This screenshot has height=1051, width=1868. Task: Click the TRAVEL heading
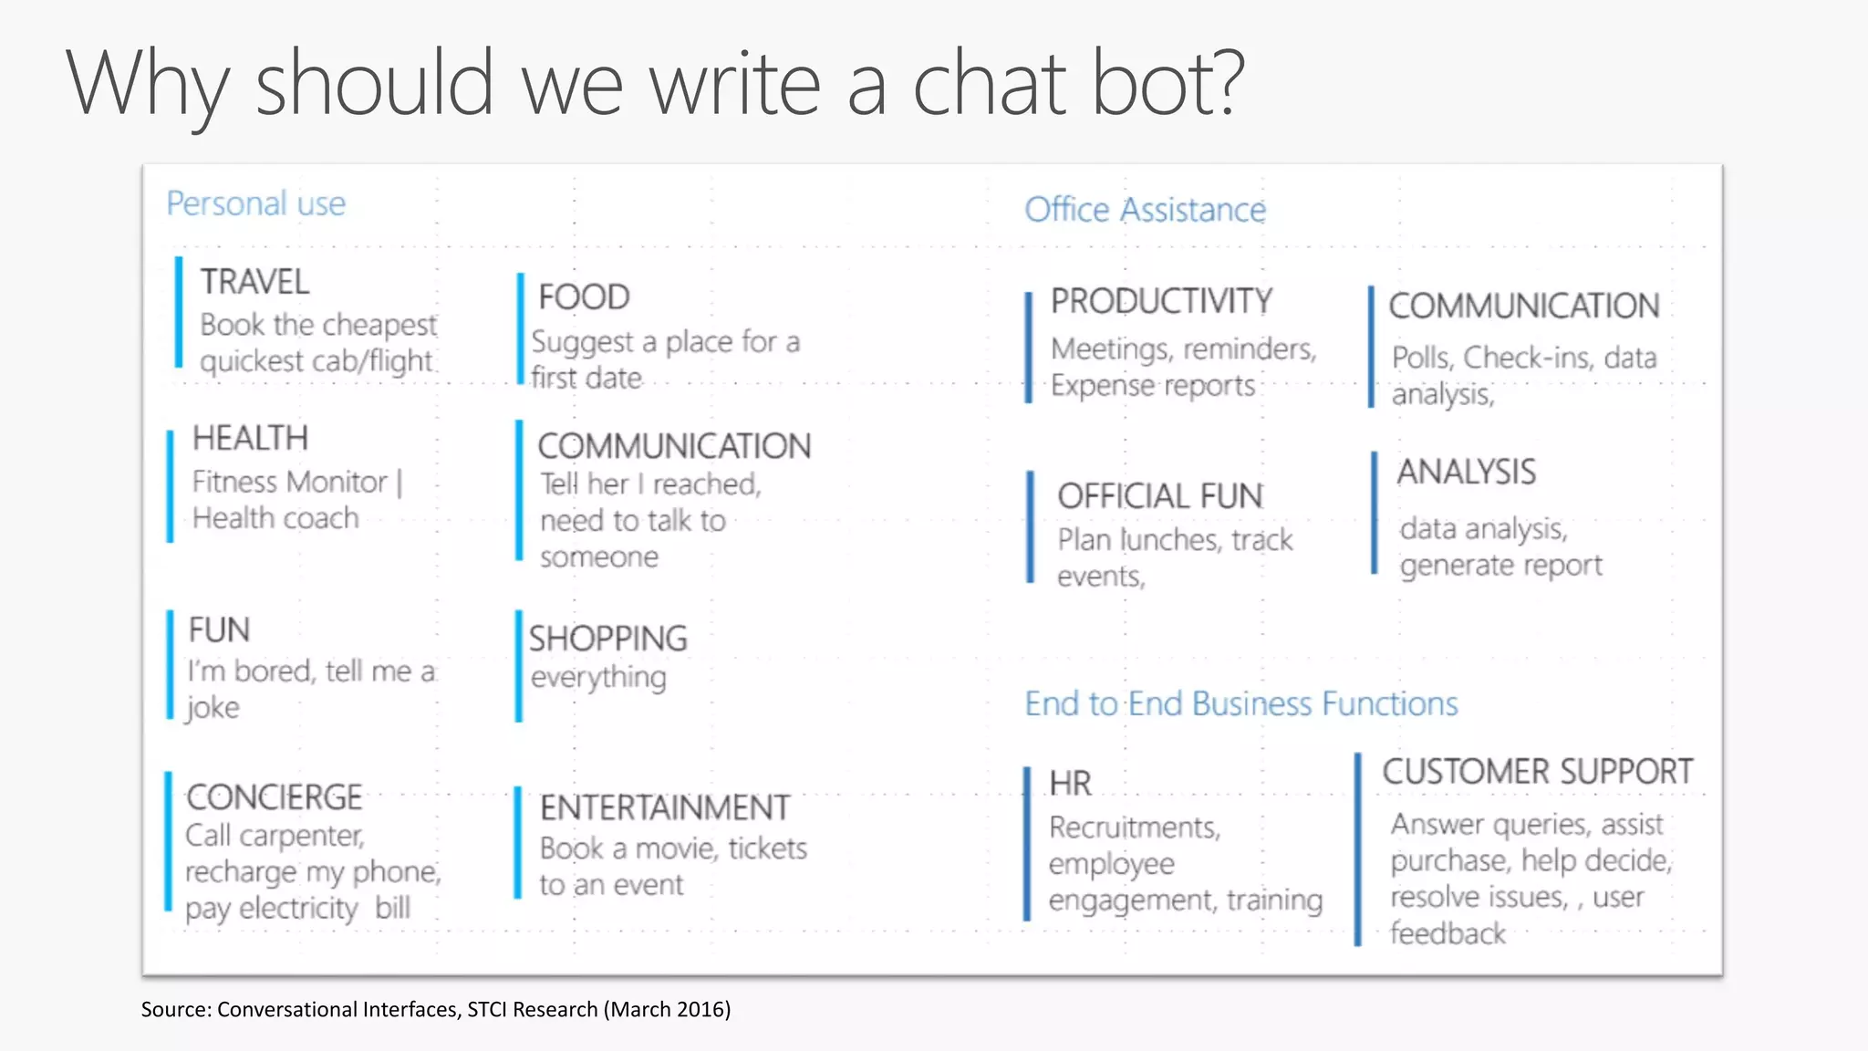tap(254, 282)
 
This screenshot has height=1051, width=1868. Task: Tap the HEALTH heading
tap(250, 438)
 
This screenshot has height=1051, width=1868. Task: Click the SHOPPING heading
tap(607, 639)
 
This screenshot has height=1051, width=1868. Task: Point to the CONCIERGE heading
tap(274, 797)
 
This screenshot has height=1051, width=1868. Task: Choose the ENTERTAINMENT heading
tap(664, 808)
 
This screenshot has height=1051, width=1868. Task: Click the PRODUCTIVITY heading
tap(1161, 302)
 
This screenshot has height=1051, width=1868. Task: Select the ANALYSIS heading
tap(1466, 472)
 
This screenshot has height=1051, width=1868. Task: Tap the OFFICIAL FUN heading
tap(1160, 496)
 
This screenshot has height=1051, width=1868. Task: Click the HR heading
tap(1070, 784)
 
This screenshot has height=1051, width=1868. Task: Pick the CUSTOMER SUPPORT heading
tap(1537, 772)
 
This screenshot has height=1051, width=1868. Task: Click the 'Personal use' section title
tap(255, 203)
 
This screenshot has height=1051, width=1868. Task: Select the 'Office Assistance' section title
tap(1145, 210)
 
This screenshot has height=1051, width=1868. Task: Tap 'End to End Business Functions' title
tap(1240, 703)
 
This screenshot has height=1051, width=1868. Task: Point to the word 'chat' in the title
tap(990, 84)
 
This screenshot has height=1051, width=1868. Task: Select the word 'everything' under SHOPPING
tap(598, 678)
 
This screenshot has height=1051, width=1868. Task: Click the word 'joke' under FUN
tap(213, 708)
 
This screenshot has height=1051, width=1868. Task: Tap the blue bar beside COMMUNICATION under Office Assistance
tap(1371, 347)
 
